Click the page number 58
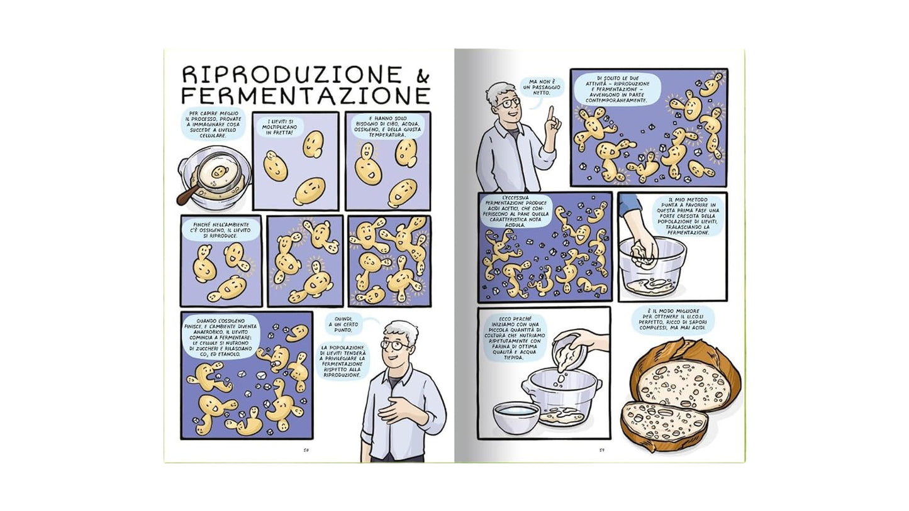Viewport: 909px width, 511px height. pyautogui.click(x=306, y=449)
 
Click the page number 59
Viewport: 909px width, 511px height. pyautogui.click(x=601, y=449)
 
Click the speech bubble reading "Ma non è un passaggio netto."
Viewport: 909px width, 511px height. pyautogui.click(x=541, y=87)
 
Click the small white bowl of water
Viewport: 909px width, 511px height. pyautogui.click(x=516, y=417)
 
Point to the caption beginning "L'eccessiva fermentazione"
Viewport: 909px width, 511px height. pyautogui.click(x=516, y=213)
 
